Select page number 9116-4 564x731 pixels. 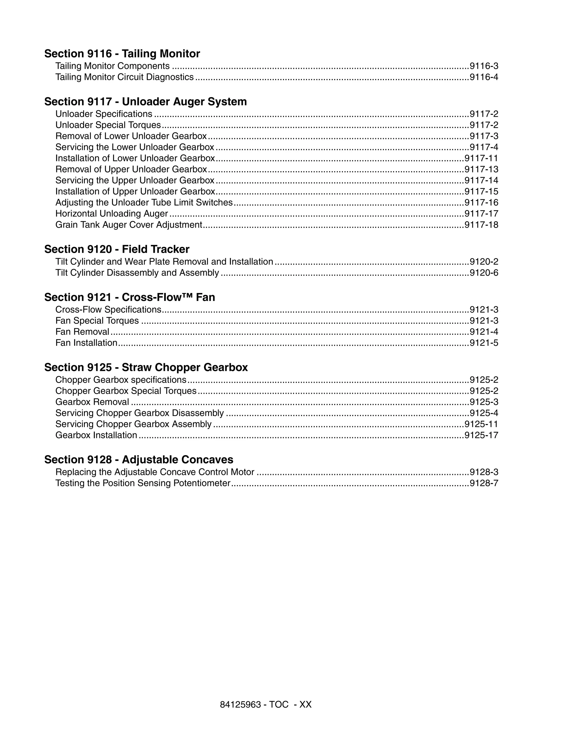coord(484,77)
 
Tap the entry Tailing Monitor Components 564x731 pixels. coord(112,66)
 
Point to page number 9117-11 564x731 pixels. coord(481,158)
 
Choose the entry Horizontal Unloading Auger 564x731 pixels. coord(112,214)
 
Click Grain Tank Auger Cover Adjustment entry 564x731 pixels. coord(129,225)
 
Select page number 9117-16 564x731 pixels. coord(481,202)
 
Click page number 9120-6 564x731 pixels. coord(484,273)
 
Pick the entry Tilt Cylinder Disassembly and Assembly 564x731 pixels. coord(137,273)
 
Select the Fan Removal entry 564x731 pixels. coord(82,332)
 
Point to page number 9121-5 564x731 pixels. coord(484,343)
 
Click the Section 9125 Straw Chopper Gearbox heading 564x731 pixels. coord(146,367)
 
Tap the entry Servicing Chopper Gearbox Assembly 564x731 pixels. coord(133,424)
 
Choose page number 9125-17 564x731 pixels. coord(481,435)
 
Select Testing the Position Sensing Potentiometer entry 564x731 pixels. coord(143,483)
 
